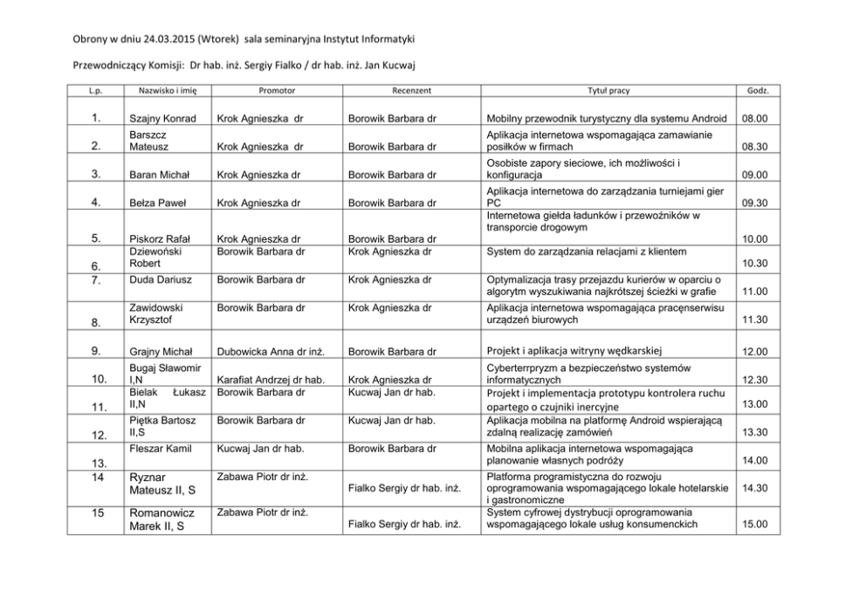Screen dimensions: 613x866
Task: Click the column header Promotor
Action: (277, 90)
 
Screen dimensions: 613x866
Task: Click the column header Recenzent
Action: (411, 90)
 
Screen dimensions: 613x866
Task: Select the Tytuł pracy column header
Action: (608, 90)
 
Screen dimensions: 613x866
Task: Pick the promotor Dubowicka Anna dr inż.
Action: (271, 351)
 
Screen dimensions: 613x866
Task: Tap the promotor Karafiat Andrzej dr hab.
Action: (271, 380)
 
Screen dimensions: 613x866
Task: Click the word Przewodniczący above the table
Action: (104, 64)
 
